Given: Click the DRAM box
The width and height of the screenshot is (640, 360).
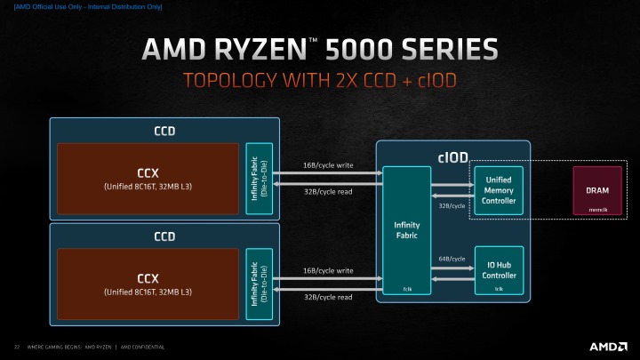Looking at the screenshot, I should pyautogui.click(x=596, y=190).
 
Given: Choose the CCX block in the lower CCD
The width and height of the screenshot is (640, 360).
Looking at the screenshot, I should pyautogui.click(x=148, y=284).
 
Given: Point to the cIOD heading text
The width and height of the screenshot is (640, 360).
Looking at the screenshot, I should pyautogui.click(x=452, y=157).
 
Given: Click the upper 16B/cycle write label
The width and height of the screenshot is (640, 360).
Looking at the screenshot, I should pyautogui.click(x=328, y=164).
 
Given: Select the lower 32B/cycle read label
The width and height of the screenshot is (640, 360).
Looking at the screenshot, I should pyautogui.click(x=328, y=297).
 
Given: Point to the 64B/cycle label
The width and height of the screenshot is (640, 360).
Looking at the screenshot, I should pyautogui.click(x=452, y=259).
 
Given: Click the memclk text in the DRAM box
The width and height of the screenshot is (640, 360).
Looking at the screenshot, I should pyautogui.click(x=597, y=210).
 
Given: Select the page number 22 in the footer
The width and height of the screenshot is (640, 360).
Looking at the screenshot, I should pyautogui.click(x=16, y=346).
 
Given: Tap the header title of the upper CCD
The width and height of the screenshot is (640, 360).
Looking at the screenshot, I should pyautogui.click(x=164, y=131).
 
